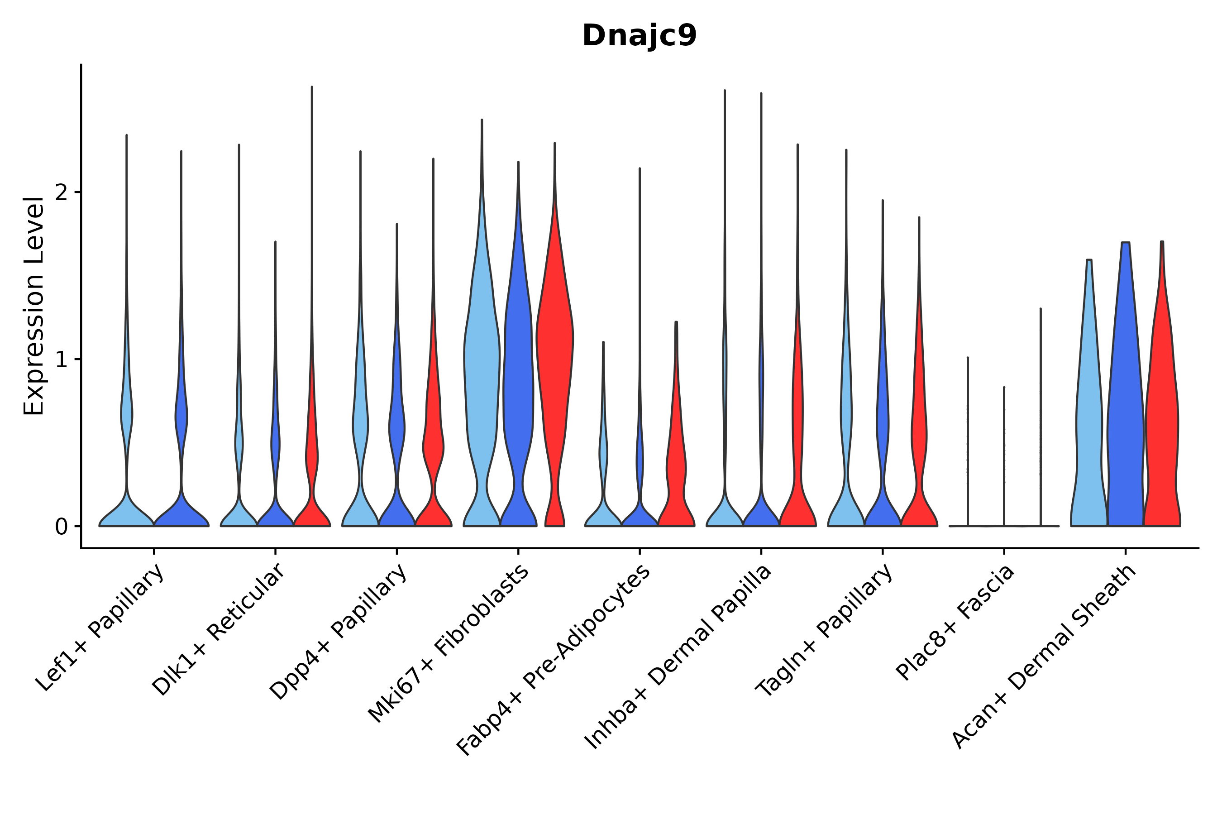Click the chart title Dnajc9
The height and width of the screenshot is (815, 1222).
click(x=639, y=36)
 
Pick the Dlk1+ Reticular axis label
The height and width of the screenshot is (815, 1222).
click(x=218, y=630)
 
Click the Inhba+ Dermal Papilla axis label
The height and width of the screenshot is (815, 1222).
click(x=678, y=657)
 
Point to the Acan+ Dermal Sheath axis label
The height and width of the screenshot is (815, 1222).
click(x=1044, y=657)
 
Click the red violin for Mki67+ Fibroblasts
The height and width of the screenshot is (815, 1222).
click(x=555, y=364)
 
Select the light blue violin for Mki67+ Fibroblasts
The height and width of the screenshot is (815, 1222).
click(x=482, y=364)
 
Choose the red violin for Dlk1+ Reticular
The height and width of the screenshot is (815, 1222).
click(x=312, y=457)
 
